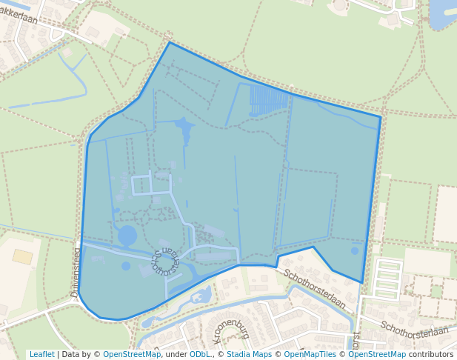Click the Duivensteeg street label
75,273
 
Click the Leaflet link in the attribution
41,355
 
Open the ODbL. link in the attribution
200,355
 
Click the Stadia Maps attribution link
249,355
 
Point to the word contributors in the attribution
431,355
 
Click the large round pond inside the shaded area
127,236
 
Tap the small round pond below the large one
126,266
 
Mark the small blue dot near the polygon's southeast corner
354,251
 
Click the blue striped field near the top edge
267,100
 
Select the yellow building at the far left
23,257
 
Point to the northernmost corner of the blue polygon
169,42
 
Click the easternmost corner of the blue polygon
381,117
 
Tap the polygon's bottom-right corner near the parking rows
362,282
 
